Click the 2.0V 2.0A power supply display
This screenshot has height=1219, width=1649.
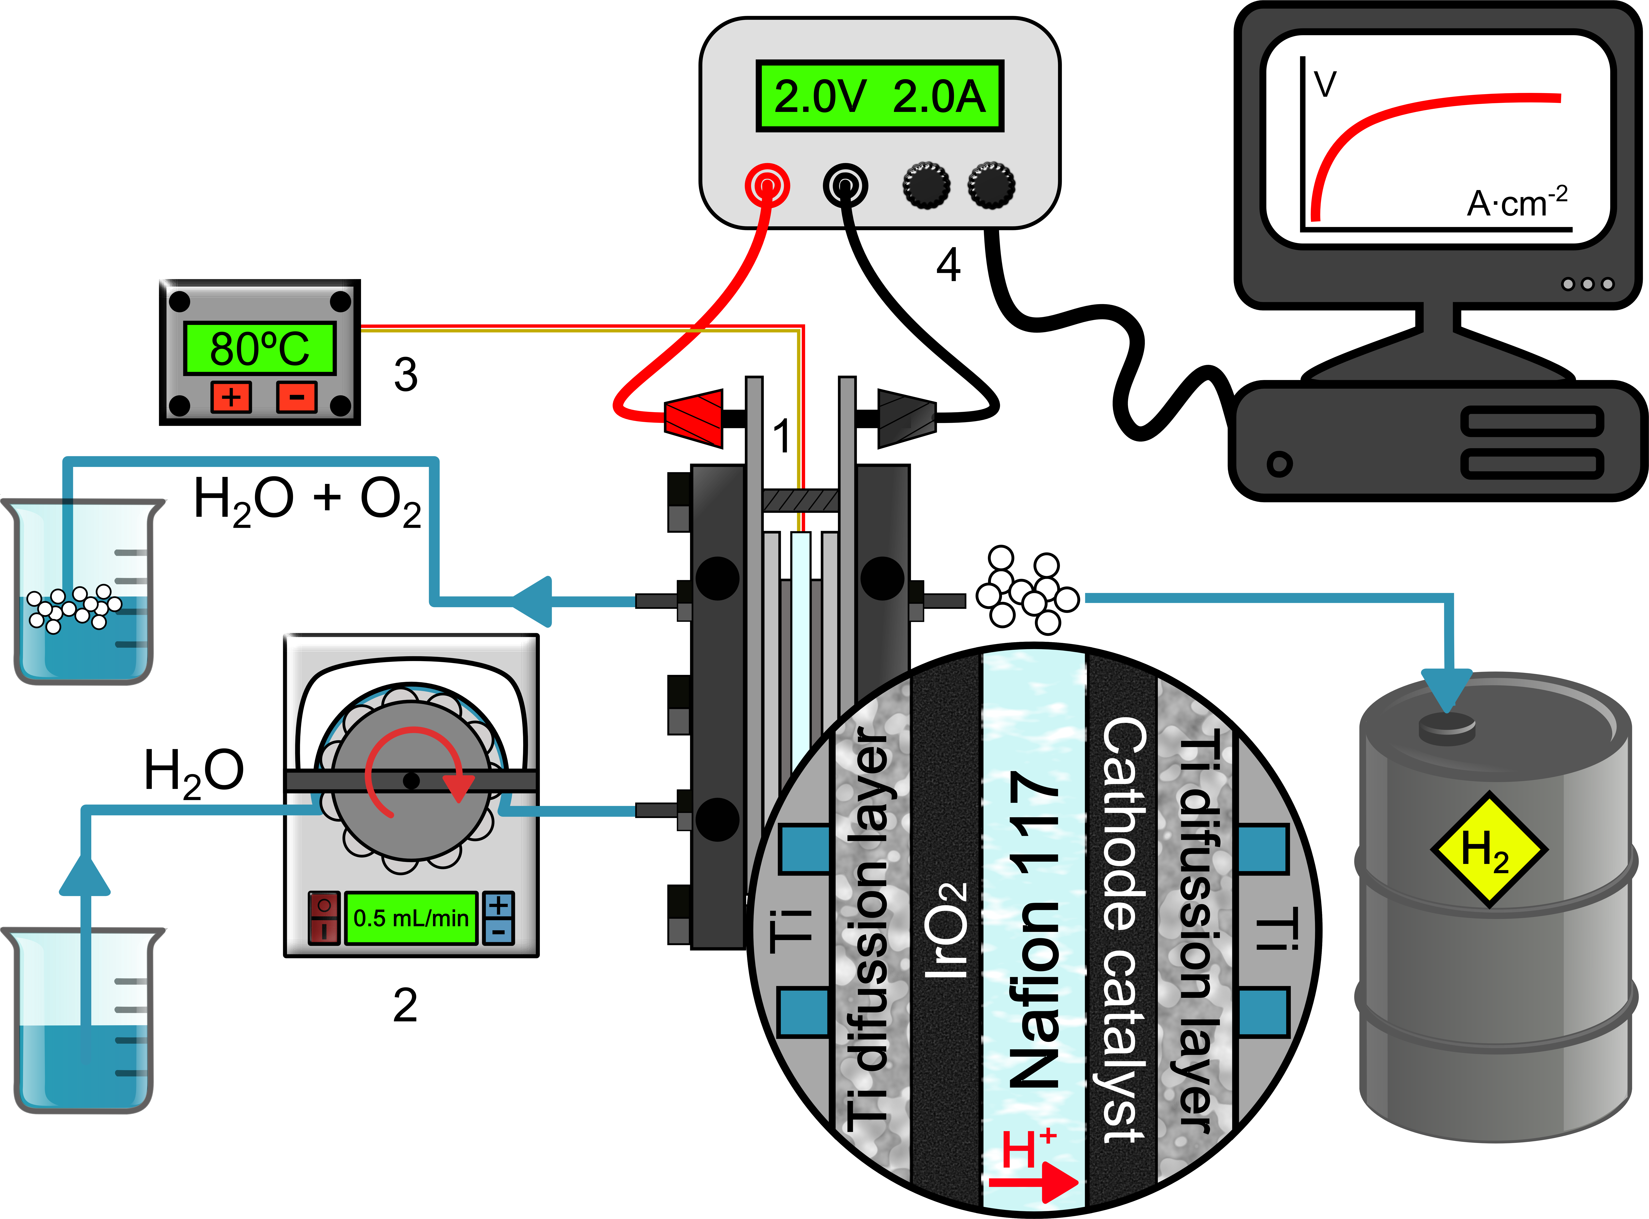coord(879,96)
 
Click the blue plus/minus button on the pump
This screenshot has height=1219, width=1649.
coord(498,917)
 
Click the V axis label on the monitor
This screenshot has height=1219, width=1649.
coord(1325,84)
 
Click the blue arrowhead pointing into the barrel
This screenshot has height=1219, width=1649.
coord(1447,690)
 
